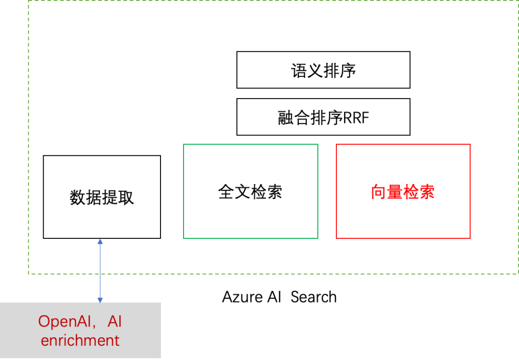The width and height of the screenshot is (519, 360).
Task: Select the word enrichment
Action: [x=80, y=340]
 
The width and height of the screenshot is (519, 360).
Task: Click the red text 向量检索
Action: [x=403, y=192]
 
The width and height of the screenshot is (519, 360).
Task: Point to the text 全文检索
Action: [x=250, y=192]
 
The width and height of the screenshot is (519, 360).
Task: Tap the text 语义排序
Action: [x=323, y=71]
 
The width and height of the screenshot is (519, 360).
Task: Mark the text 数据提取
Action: [x=102, y=197]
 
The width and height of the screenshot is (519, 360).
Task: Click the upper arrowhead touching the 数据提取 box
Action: [x=100, y=242]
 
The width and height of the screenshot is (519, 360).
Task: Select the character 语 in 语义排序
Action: [x=299, y=71]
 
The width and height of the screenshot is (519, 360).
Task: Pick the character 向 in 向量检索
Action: [x=379, y=192]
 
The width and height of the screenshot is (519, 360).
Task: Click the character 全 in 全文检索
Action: [x=226, y=192]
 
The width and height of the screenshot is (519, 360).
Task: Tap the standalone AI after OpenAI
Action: [x=114, y=322]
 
